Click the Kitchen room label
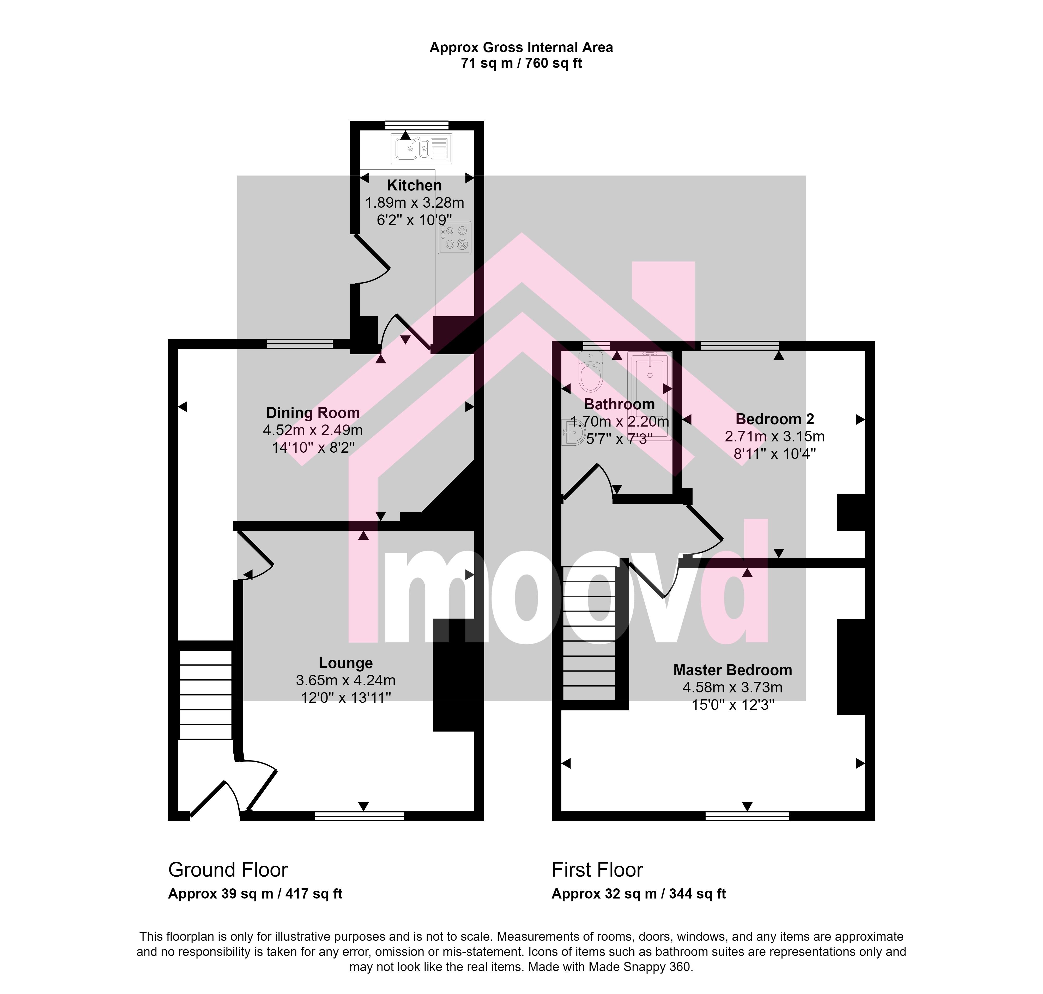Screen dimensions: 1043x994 (x=414, y=185)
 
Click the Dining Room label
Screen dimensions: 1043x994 (x=313, y=413)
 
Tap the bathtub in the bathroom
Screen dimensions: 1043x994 (x=650, y=395)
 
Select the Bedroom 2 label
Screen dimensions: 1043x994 (x=775, y=419)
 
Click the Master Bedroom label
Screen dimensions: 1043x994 (x=733, y=670)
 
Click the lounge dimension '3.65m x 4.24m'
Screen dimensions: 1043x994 (x=346, y=680)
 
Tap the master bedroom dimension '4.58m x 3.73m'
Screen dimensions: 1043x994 (x=733, y=688)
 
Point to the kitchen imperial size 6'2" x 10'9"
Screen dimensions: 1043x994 (x=415, y=220)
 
